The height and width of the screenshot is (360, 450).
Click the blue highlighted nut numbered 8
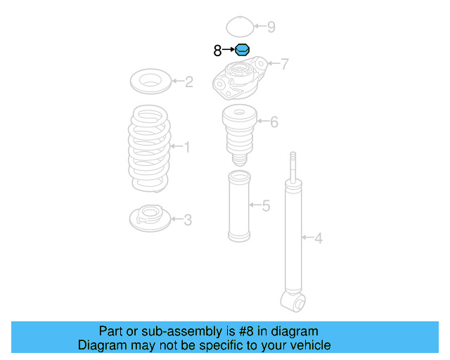pos(242,50)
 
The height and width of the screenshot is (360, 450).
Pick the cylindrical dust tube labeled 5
pos(238,206)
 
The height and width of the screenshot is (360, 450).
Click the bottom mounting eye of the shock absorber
pos(295,302)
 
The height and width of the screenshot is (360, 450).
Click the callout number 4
pos(319,239)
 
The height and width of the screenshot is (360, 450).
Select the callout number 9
pos(271,27)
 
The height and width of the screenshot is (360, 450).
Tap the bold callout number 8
pos(217,51)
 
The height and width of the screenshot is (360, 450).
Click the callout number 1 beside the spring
pos(186,147)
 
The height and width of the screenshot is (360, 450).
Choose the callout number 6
pos(274,122)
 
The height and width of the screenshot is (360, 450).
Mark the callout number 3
pos(187,220)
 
